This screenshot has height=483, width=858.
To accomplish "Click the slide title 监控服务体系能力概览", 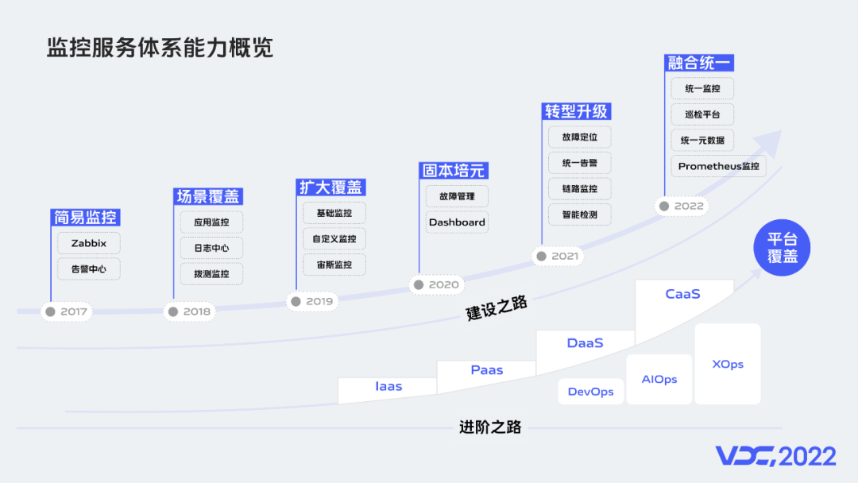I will tap(160, 48).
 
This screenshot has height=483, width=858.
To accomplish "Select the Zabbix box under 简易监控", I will tap(89, 243).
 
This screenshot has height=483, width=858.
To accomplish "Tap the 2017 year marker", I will tap(67, 311).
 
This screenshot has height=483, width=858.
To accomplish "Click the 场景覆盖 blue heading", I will tap(208, 196).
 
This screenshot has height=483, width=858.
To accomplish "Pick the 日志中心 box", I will tap(211, 248).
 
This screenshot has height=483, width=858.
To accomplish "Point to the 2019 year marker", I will tap(311, 301).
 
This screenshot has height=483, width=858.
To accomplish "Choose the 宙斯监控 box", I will tap(334, 265).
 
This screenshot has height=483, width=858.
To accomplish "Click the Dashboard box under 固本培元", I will tap(457, 222).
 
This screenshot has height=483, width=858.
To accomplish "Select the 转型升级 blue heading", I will tap(576, 111).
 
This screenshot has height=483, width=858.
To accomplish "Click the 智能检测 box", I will tap(580, 214).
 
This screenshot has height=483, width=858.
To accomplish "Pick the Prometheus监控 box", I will tap(718, 167).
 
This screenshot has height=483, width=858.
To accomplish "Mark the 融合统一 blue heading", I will tap(699, 63).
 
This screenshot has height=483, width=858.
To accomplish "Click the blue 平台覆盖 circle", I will tap(782, 248).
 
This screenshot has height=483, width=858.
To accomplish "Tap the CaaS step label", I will tap(682, 294).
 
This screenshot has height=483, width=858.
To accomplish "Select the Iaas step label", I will tap(388, 387).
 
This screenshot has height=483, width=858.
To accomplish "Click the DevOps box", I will tap(590, 392).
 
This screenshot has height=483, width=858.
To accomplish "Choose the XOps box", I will tap(728, 364).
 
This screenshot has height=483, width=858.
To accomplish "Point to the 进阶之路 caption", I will tap(490, 427).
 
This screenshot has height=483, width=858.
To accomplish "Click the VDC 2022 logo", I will tap(775, 456).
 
